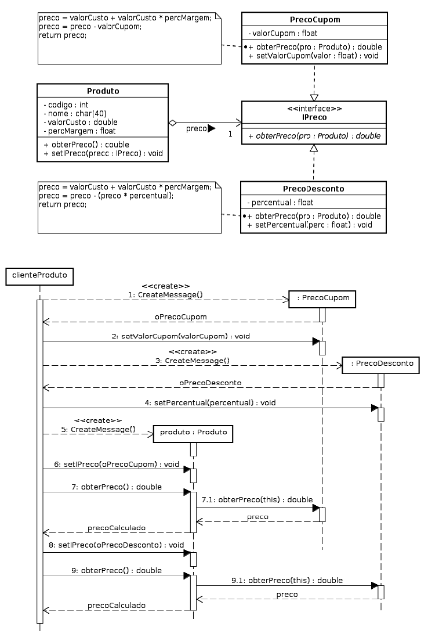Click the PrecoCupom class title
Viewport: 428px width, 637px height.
click(314, 20)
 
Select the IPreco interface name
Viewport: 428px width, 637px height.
click(314, 117)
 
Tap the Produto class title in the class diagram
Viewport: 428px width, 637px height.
click(103, 91)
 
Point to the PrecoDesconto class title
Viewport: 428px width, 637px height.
click(313, 189)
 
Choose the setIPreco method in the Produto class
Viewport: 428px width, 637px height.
click(103, 154)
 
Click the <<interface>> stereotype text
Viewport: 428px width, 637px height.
click(314, 109)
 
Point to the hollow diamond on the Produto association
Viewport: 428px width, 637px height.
click(172, 123)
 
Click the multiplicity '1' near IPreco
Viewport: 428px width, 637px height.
click(230, 134)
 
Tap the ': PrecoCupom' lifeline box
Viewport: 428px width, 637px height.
click(321, 299)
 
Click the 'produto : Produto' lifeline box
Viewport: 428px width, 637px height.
click(193, 434)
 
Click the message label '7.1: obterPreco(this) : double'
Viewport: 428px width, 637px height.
click(257, 499)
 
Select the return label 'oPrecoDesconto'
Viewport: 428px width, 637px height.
click(210, 383)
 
